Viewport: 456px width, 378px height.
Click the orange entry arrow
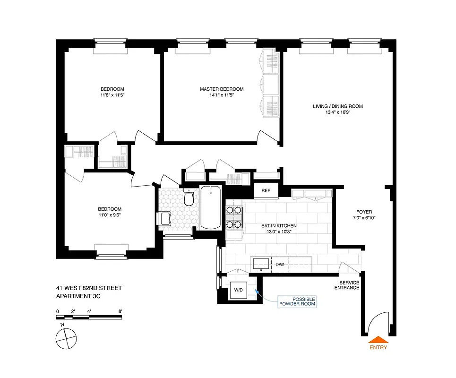[379, 339]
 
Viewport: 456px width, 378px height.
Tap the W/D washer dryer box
[237, 290]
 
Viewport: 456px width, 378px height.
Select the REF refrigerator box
[265, 190]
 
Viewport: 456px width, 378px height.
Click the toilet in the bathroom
[189, 198]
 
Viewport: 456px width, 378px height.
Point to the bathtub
[210, 207]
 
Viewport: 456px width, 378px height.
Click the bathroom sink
[165, 218]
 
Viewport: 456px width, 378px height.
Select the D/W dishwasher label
[280, 265]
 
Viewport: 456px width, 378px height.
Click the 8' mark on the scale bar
[121, 311]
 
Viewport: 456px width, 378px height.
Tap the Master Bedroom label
[222, 89]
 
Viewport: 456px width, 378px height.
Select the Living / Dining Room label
[338, 106]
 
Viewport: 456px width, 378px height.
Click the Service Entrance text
[347, 285]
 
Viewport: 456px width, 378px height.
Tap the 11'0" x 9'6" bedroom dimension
[110, 215]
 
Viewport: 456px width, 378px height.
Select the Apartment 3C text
[78, 296]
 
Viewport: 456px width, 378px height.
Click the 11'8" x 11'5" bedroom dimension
[112, 95]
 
